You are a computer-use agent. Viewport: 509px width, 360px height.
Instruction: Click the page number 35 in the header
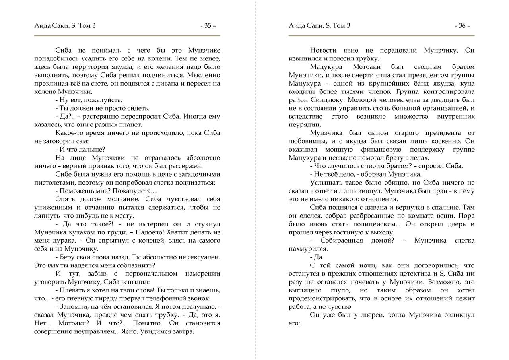(x=208, y=26)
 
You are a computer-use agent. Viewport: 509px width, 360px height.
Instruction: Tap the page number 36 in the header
(x=462, y=26)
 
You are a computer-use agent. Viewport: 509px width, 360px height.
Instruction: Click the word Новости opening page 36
(x=323, y=51)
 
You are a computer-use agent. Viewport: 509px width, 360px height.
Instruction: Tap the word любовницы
(x=307, y=141)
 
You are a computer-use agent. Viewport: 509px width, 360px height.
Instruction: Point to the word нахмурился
(x=308, y=249)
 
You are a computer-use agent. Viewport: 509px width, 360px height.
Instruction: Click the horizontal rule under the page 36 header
(x=381, y=36)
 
